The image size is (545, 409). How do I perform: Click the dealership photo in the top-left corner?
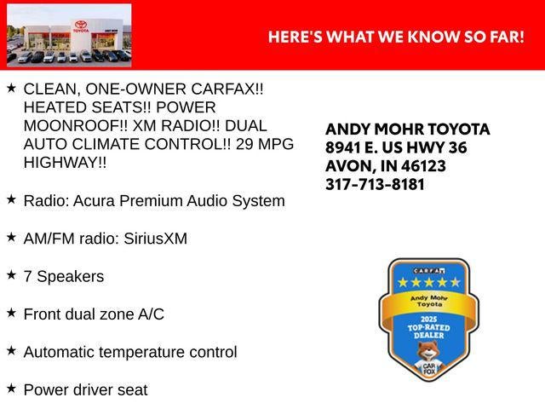pos(69,35)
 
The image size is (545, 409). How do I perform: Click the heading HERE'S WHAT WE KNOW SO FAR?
pos(396,37)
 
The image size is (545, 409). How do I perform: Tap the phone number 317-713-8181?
pos(375,184)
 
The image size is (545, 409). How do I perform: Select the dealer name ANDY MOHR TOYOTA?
pos(408,130)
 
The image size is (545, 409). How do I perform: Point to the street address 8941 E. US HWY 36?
pos(396,147)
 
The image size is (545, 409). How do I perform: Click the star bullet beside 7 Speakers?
pos(11,274)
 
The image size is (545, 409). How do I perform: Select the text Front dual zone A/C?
pos(94,314)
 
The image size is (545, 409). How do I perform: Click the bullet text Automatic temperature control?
pos(130,352)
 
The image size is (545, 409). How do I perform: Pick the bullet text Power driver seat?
pos(85,390)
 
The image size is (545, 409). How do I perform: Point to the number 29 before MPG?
pos(244,144)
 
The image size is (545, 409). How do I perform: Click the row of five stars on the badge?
pos(423,282)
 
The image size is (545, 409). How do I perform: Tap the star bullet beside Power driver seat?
pos(11,388)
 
